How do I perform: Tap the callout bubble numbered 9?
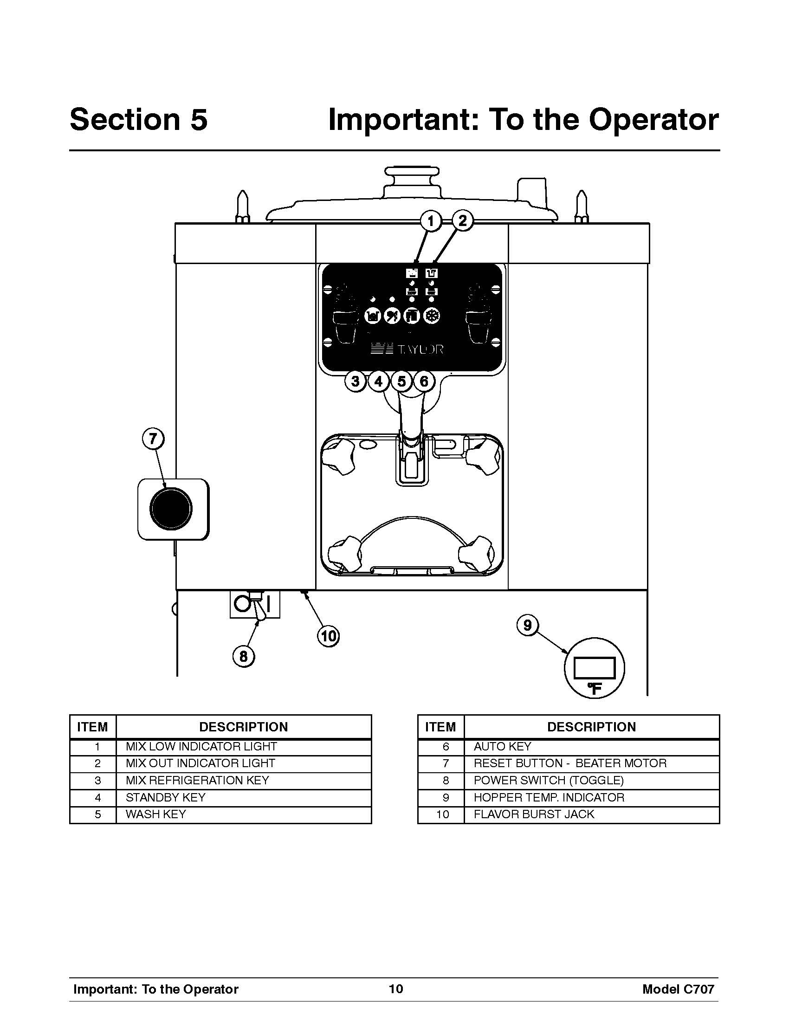pyautogui.click(x=528, y=625)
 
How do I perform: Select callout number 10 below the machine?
pyautogui.click(x=329, y=636)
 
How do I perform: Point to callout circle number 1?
pyautogui.click(x=431, y=220)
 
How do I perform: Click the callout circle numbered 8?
pyautogui.click(x=244, y=656)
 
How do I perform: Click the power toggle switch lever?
pyautogui.click(x=259, y=607)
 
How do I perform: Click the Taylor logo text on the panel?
pyautogui.click(x=407, y=349)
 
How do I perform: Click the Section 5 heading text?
pyautogui.click(x=138, y=119)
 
